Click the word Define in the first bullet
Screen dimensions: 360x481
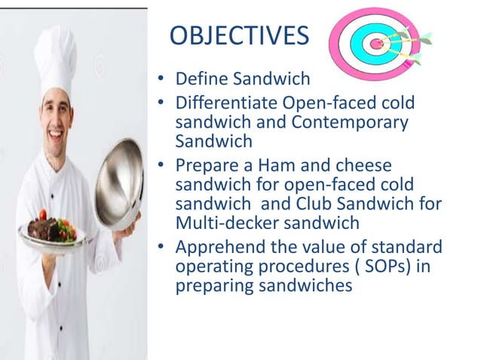point(199,79)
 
